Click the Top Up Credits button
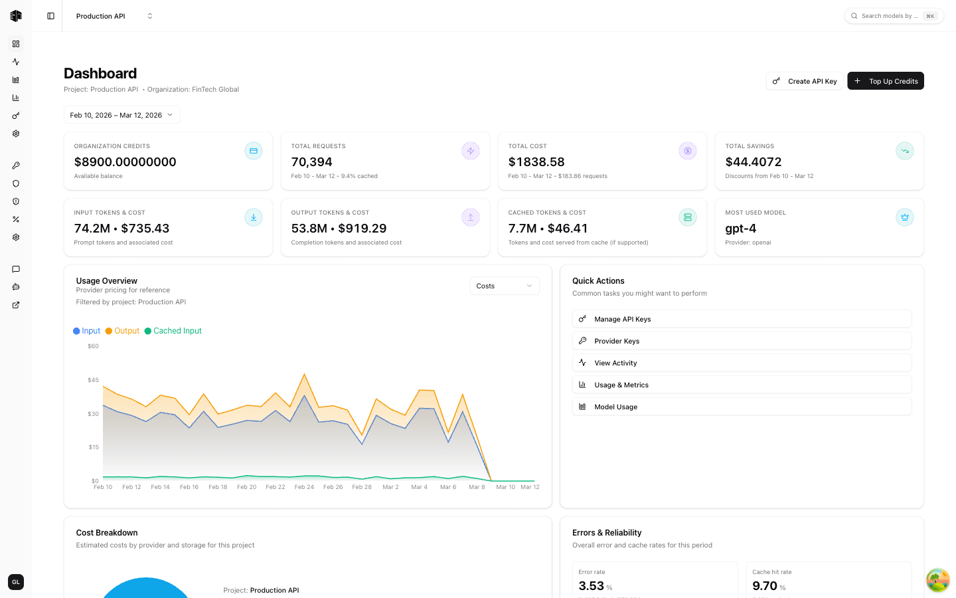coord(886,81)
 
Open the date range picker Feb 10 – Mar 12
coord(121,115)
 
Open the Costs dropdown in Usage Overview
coord(505,286)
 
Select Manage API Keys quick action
coord(742,319)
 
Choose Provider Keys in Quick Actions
coord(742,341)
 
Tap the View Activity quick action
coord(742,363)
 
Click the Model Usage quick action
coord(742,407)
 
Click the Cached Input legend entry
coord(173,331)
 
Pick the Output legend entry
coord(123,331)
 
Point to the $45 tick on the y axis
coord(93,380)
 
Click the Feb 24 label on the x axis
coord(304,487)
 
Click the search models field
coord(890,16)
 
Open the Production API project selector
coord(114,16)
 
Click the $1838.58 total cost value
coord(536,162)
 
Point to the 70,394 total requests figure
coord(312,162)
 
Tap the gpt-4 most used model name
coord(741,229)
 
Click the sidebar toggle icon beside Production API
coord(51,16)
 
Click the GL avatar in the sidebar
coord(16,582)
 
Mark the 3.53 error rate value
coord(592,586)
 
